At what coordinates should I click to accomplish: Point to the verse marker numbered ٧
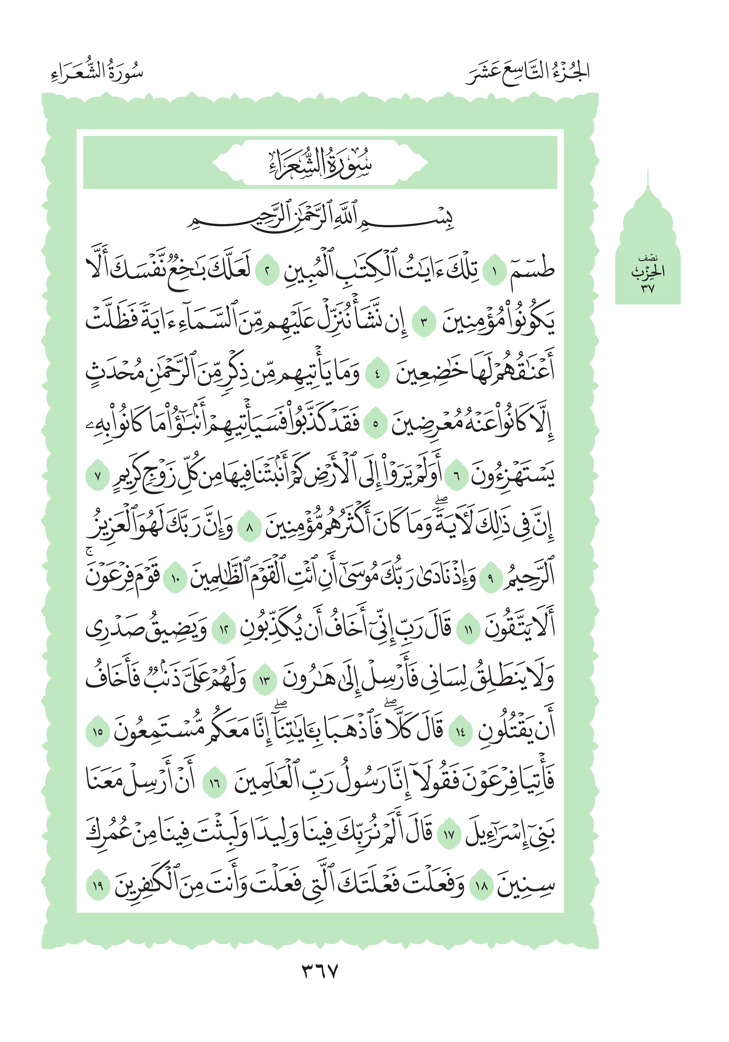pos(98,476)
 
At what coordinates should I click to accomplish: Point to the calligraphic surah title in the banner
pos(320,162)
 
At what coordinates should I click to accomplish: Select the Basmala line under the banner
pos(320,217)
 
